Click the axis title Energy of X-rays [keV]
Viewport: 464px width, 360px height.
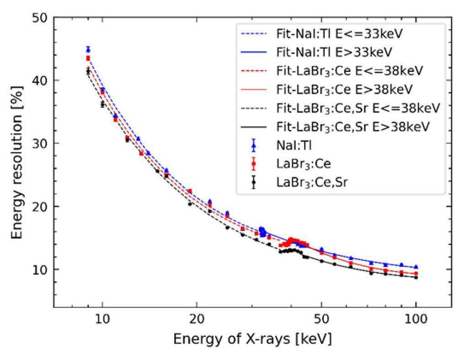[x=252, y=339]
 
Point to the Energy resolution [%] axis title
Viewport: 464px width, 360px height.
[x=17, y=162]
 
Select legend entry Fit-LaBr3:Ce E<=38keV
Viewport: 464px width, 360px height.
[x=350, y=71]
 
